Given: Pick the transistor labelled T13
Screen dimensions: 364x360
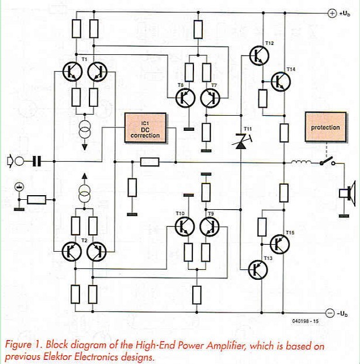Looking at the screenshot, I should pyautogui.click(x=258, y=269).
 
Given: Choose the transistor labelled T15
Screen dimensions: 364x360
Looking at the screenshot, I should pyautogui.click(x=280, y=244).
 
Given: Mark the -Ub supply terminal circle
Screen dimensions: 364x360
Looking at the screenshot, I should pyautogui.click(x=330, y=312).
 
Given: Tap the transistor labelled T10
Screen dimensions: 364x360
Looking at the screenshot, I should pyautogui.click(x=186, y=226).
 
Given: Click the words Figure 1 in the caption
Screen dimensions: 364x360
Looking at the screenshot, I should pyautogui.click(x=20, y=345).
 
